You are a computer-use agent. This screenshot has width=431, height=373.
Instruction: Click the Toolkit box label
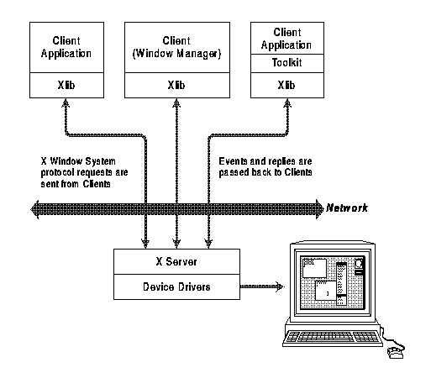[287, 62]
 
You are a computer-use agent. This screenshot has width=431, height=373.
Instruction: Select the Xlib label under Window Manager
[176, 85]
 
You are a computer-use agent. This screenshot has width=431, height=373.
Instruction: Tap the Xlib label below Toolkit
[286, 85]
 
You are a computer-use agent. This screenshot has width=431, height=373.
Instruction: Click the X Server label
[176, 261]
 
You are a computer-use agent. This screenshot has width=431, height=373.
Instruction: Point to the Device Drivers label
[176, 286]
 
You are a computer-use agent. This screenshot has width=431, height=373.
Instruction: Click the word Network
[347, 208]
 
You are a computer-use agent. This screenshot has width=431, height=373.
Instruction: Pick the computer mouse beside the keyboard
[396, 353]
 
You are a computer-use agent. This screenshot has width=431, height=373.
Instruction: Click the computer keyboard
[333, 338]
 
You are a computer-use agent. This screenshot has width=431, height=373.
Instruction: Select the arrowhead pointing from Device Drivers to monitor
[280, 286]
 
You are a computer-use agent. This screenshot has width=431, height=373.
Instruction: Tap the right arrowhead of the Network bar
[320, 209]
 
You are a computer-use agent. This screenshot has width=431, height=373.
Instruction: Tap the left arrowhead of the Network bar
[34, 209]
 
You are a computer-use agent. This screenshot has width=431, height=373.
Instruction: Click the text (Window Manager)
[176, 53]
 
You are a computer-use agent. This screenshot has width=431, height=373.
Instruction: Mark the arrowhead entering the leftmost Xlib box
[66, 102]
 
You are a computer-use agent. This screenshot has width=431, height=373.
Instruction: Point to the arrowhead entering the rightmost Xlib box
[287, 102]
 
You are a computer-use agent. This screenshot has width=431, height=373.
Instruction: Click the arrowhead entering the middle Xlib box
[176, 102]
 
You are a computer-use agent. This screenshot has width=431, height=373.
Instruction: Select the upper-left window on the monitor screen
[314, 268]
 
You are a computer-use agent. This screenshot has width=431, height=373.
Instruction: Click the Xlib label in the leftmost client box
[66, 85]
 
